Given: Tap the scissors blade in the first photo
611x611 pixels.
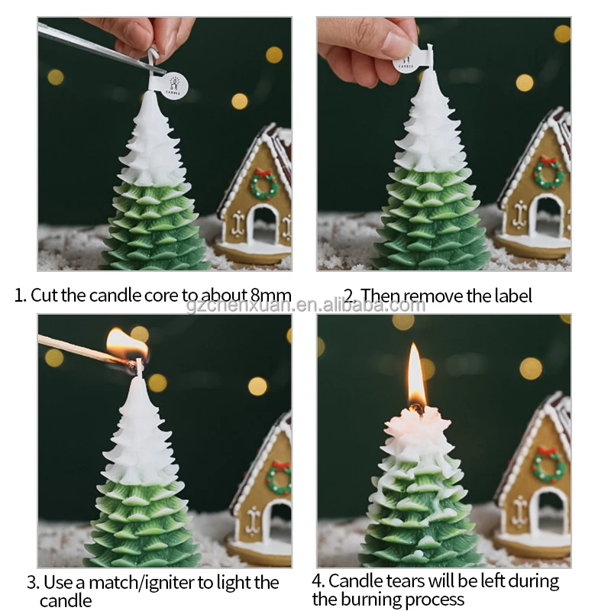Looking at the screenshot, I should pyautogui.click(x=92, y=46).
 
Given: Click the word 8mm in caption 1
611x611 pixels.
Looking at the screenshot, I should pyautogui.click(x=270, y=296).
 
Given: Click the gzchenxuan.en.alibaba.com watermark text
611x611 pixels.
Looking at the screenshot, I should pyautogui.click(x=305, y=305).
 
